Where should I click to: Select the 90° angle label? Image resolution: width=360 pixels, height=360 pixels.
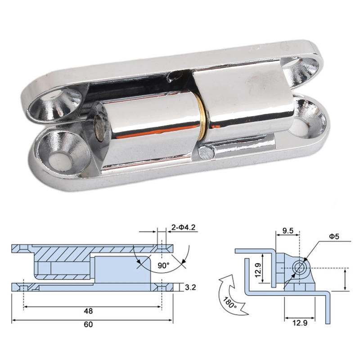[x=163, y=265]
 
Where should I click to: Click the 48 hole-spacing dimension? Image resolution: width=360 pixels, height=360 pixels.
[x=88, y=310]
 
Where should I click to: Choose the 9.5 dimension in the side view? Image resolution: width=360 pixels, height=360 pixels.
[x=288, y=231]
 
